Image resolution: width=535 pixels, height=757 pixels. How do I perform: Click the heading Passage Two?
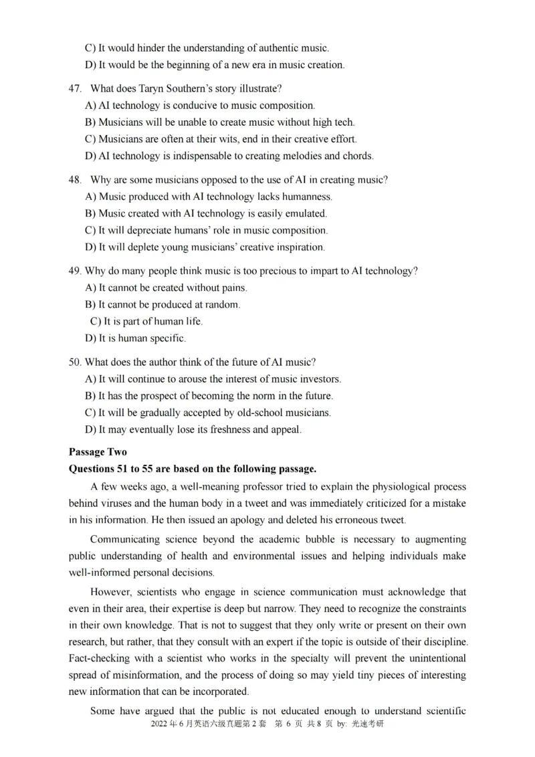point(98,452)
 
